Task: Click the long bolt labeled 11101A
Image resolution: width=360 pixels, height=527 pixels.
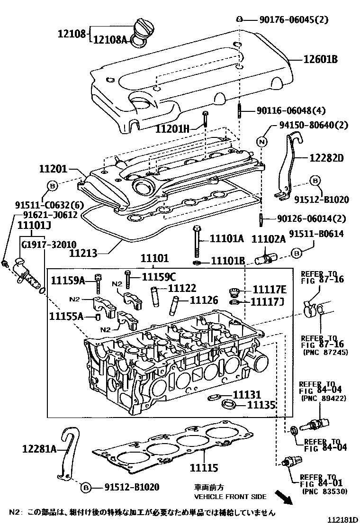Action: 196,242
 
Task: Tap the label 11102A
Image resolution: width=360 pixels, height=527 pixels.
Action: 268,239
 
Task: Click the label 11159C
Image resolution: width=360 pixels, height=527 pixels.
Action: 159,277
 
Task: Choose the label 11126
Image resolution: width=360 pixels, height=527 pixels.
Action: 204,300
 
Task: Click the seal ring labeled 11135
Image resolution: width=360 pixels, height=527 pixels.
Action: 230,404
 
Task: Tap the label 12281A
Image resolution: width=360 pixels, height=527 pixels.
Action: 39,448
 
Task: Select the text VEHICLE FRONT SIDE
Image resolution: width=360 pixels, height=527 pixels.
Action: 230,497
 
